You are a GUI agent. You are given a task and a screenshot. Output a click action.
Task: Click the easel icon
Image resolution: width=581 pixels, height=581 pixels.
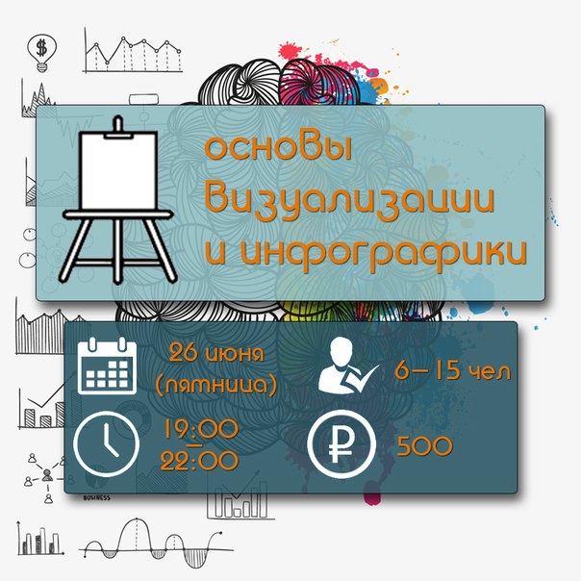(117, 200)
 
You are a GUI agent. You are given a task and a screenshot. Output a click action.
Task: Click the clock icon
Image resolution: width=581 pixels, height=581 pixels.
(107, 443)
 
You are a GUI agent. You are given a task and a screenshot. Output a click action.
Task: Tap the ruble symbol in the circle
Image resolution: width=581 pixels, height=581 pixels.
(341, 443)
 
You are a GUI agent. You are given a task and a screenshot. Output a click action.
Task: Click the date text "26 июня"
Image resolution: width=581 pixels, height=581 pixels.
(216, 353)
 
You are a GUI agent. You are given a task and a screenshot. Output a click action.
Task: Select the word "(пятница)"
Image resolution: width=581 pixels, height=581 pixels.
(216, 385)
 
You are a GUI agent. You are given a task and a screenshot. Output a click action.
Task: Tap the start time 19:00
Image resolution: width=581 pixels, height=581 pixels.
(201, 429)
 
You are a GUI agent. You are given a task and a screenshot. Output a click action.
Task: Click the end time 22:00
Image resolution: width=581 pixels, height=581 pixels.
(199, 461)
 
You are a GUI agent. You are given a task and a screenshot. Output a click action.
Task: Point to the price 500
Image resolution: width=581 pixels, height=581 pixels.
(424, 446)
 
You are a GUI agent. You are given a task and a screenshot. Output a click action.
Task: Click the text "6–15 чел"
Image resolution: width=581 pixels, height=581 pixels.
(453, 370)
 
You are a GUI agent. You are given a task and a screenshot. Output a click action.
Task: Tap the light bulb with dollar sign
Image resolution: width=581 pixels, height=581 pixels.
(42, 53)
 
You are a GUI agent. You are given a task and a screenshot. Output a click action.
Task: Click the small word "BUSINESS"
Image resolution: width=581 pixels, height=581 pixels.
(97, 497)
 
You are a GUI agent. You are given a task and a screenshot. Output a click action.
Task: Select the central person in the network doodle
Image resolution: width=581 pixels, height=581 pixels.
(47, 474)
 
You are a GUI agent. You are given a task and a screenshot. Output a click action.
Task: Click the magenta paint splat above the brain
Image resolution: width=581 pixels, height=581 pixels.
(289, 51)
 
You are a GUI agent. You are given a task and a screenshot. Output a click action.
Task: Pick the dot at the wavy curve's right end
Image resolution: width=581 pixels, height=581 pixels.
(221, 533)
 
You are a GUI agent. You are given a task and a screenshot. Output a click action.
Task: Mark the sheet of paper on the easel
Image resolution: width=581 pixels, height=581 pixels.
(118, 171)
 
